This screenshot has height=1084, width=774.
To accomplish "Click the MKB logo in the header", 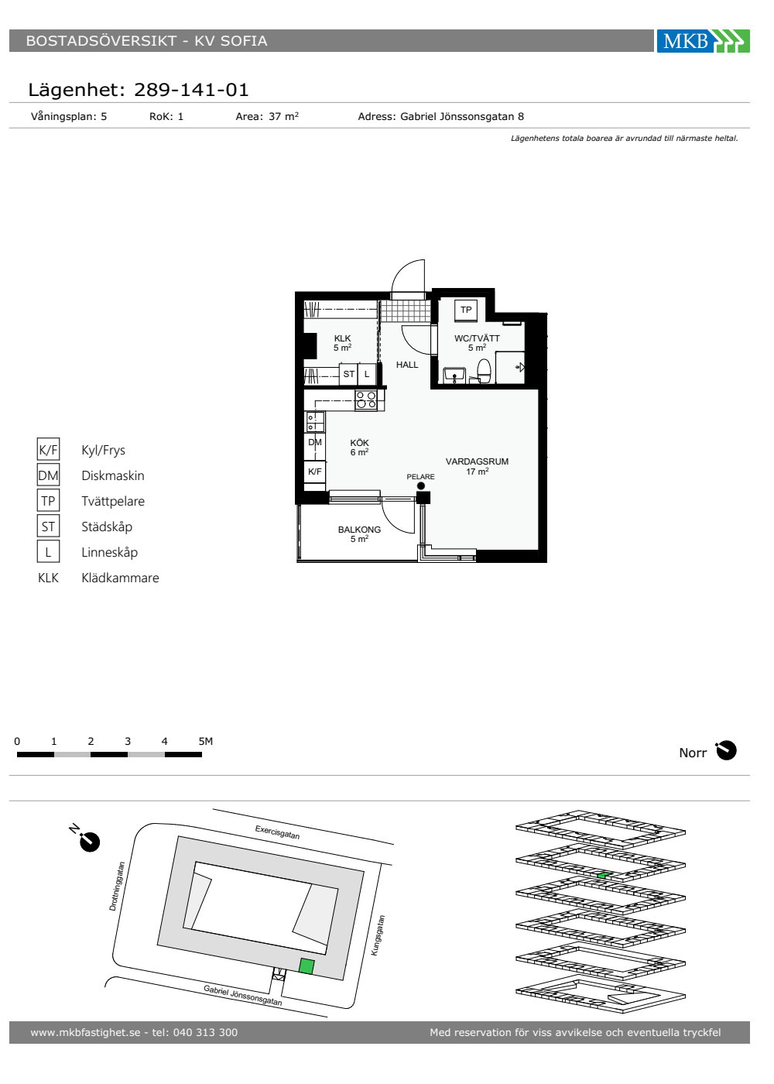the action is (703, 40).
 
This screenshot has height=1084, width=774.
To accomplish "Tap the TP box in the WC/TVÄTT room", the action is (466, 310).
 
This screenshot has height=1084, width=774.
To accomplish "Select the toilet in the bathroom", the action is (483, 371).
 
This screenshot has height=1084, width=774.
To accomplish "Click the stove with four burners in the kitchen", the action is (365, 400).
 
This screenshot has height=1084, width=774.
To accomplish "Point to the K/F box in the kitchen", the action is (314, 472).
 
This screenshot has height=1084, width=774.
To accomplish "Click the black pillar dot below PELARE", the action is (421, 486).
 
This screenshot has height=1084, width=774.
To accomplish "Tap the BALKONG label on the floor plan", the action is (359, 530).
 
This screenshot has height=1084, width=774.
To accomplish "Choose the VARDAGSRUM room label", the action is (477, 461).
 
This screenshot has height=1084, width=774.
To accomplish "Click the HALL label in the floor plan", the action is (407, 365).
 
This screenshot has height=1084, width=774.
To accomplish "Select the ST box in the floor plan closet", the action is (348, 374).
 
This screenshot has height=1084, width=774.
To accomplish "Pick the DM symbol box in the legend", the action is (48, 475).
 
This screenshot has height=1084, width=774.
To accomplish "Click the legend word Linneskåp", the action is (109, 552).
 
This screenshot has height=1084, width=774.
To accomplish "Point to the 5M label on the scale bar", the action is (206, 741).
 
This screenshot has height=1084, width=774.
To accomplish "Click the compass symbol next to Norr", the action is (726, 750).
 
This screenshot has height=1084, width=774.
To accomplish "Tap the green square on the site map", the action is (307, 966).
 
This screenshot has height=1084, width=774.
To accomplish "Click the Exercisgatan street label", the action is (277, 832).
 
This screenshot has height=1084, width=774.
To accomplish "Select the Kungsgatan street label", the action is (378, 935).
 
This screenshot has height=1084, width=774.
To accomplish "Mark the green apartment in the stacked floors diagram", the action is (602, 875).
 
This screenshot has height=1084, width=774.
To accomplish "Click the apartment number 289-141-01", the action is (191, 90).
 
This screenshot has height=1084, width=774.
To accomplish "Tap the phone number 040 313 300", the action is (205, 1032).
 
